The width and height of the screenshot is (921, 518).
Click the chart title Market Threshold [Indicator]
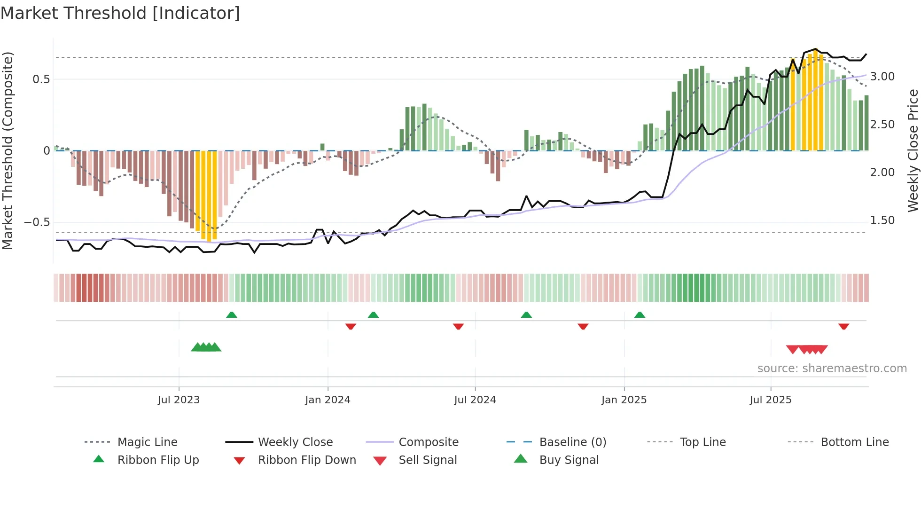[120, 13]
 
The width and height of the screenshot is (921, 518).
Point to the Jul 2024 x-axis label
[475, 400]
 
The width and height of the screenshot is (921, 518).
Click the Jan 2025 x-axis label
[624, 400]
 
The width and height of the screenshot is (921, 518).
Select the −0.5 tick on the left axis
[37, 222]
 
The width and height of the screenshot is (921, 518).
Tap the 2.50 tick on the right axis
[882, 125]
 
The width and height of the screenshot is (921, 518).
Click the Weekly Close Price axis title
[913, 150]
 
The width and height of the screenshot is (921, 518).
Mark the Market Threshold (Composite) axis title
[8, 150]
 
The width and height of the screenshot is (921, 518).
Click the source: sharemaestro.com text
[832, 368]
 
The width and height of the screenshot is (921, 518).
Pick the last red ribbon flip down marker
[843, 326]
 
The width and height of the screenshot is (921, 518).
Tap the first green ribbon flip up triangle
[231, 315]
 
